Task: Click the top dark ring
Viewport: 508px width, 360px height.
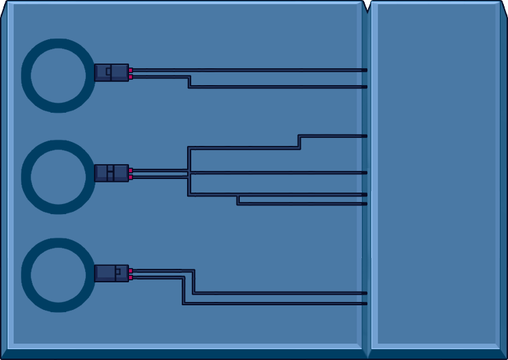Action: (26, 76)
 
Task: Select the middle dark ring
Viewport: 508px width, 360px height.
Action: (26, 177)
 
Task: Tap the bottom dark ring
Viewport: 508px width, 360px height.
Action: (26, 275)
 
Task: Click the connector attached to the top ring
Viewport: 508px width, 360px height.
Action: (111, 72)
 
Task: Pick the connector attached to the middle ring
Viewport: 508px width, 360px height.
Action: (111, 173)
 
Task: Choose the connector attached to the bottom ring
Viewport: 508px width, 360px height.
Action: (111, 273)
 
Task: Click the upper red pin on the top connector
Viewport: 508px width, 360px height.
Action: (130, 70)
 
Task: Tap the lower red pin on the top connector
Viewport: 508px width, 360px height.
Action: (130, 76)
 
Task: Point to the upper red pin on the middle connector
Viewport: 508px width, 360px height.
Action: (130, 170)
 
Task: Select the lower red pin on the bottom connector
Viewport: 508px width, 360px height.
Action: (130, 277)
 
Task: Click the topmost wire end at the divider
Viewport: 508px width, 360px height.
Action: (365, 70)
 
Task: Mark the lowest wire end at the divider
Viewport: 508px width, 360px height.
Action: (365, 303)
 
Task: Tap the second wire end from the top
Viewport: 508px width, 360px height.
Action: (365, 86)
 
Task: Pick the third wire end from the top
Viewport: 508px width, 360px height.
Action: (365, 136)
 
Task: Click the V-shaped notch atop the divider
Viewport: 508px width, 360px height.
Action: (366, 7)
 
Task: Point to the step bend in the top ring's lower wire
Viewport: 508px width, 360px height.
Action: (189, 82)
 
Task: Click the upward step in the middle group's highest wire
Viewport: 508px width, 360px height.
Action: (299, 142)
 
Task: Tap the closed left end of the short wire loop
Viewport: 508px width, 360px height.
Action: (238, 199)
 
